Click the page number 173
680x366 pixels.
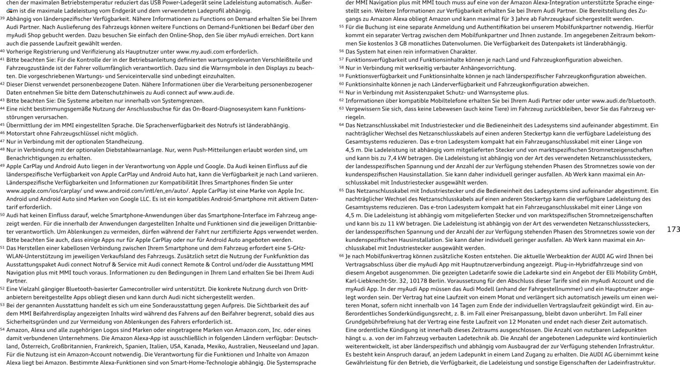(x=673, y=230)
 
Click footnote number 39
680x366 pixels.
(x=2, y=18)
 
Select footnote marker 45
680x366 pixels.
(x=2, y=125)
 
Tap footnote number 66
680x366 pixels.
(x=341, y=256)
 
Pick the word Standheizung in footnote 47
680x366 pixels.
(x=125, y=142)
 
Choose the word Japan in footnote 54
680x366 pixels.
(x=310, y=346)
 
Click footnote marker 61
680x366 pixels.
(x=341, y=92)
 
